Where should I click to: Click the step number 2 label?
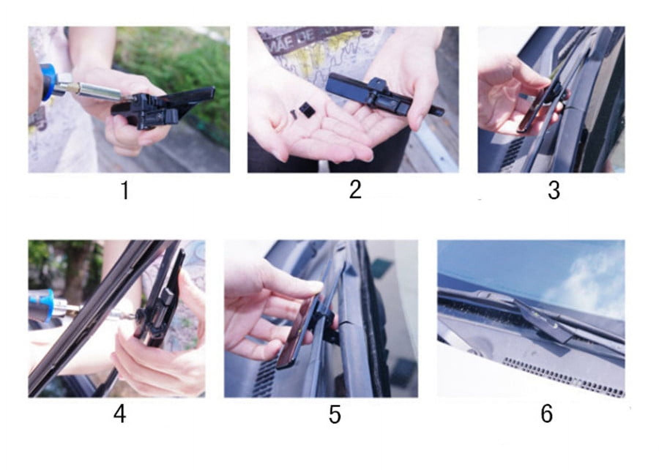coord(355,190)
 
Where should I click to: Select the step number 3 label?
coord(554,190)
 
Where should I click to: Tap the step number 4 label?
coord(120,415)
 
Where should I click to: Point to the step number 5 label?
coord(335,415)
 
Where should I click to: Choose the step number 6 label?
coord(546,414)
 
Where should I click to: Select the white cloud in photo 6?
coord(586,278)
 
